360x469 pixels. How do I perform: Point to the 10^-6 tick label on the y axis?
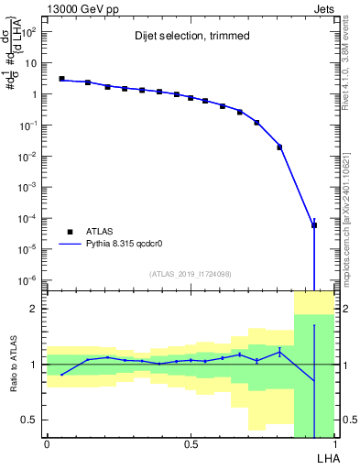click(x=27, y=280)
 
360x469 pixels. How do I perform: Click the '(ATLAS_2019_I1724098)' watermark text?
click(x=191, y=273)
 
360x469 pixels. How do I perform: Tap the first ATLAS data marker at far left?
click(x=61, y=79)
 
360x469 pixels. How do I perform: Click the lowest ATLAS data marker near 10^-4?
click(x=314, y=224)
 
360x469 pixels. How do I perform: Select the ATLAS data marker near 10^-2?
click(x=279, y=147)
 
